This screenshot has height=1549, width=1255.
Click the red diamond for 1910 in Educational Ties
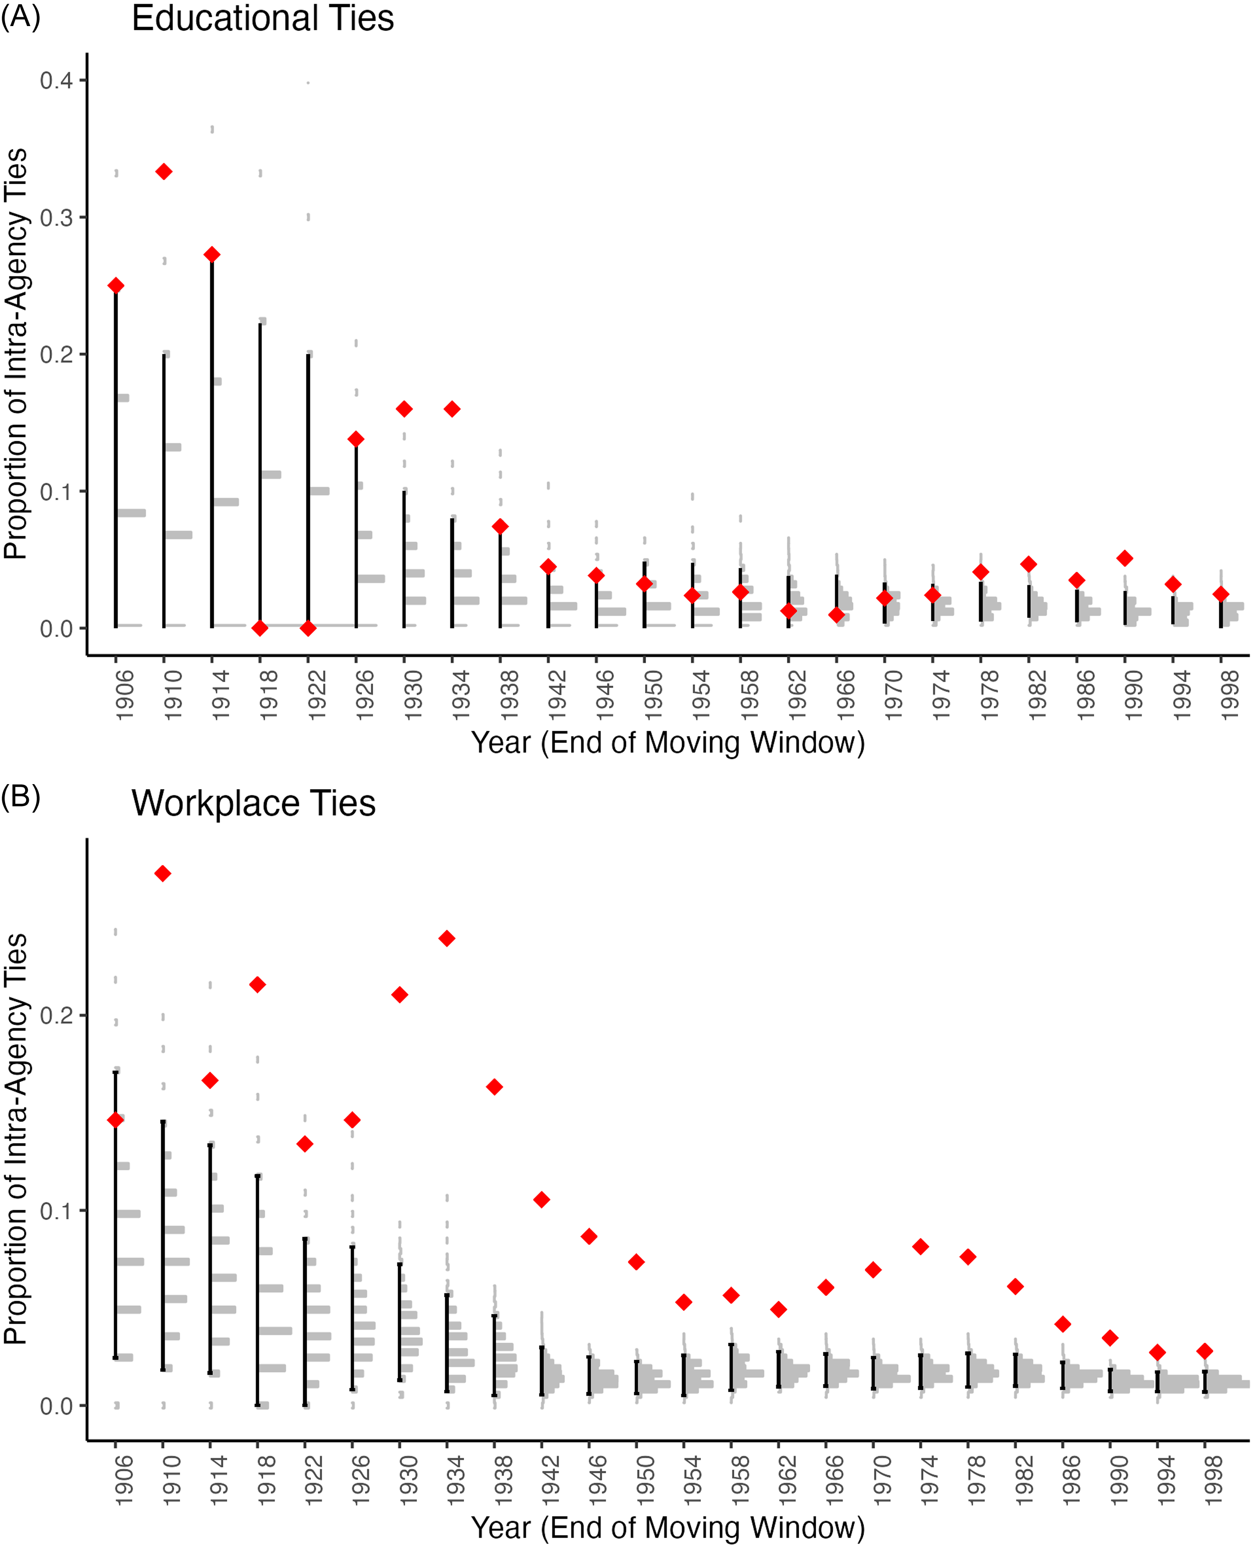coord(164,171)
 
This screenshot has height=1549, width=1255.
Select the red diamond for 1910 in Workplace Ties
coord(163,873)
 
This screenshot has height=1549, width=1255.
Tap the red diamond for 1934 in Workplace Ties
coord(447,938)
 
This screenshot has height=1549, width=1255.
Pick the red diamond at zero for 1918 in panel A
coord(260,628)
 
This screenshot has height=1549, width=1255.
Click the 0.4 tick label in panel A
coord(56,80)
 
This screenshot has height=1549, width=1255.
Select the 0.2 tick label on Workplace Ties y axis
coord(56,1015)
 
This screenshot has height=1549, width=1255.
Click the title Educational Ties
coord(262,18)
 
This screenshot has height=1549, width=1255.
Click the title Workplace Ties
coord(253,803)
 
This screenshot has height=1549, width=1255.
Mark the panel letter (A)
coord(20,16)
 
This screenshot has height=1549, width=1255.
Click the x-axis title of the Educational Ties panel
coord(668,742)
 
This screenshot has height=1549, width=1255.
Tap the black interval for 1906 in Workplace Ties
coord(116,1214)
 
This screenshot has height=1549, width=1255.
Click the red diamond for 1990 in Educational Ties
coord(1124,558)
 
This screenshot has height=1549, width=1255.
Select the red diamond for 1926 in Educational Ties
coord(356,439)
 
